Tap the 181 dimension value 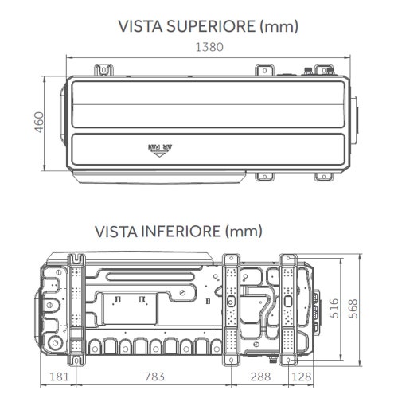58,377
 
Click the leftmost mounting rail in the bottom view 78,306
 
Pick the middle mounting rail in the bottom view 231,306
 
